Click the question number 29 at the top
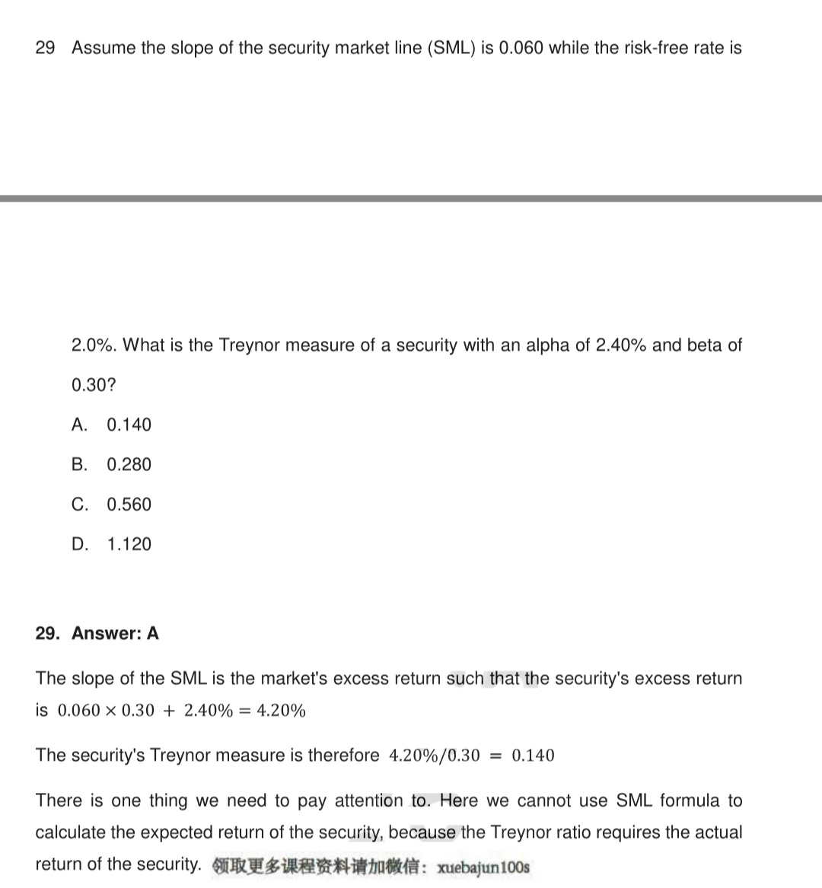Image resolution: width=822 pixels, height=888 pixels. click(45, 48)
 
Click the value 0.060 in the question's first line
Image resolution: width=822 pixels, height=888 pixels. click(521, 48)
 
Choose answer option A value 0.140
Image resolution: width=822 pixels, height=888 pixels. click(129, 425)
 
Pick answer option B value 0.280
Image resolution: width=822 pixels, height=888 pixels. click(129, 465)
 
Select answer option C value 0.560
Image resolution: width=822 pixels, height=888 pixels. click(129, 504)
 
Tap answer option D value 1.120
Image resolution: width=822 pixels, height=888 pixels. click(129, 544)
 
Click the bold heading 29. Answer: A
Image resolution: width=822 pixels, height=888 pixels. click(97, 633)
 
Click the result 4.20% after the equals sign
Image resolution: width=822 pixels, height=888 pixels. click(282, 711)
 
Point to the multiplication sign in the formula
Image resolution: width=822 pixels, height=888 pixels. click(111, 711)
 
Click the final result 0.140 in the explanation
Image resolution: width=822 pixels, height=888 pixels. click(533, 756)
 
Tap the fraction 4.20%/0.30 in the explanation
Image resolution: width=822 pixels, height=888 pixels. click(435, 756)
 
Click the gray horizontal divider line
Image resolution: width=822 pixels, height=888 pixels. click(411, 199)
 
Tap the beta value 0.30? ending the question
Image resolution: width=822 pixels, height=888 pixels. click(94, 385)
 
